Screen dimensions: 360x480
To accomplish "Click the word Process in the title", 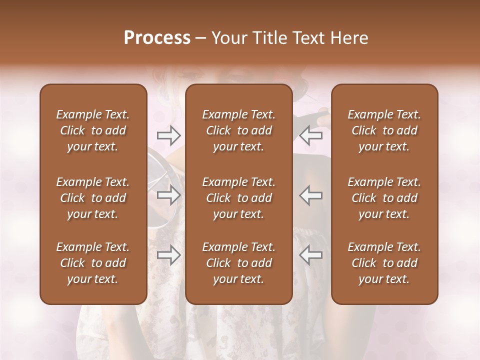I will click(x=157, y=38).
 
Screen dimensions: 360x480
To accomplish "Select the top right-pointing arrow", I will click(x=168, y=135).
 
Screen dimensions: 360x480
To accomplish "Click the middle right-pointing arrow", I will click(x=168, y=195).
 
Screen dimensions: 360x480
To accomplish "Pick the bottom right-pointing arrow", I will click(x=168, y=255).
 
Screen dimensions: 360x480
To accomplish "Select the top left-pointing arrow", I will click(x=310, y=135).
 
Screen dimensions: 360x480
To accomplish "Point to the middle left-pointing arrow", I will click(x=310, y=195).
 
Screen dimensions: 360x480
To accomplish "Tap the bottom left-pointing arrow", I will click(x=310, y=255).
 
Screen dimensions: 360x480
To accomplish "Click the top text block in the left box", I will click(x=93, y=130).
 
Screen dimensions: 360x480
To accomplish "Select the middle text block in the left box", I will click(x=93, y=198).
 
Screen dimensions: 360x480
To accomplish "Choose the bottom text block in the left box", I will click(x=93, y=263).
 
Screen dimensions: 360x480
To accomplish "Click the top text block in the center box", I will click(x=239, y=130).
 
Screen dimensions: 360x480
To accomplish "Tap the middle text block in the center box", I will click(x=239, y=198).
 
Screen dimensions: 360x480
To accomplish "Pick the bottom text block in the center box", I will click(x=239, y=263).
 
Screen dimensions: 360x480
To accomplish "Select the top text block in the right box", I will click(x=384, y=130).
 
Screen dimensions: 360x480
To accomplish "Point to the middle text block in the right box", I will click(x=384, y=198).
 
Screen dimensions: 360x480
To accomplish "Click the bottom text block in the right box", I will click(x=384, y=263).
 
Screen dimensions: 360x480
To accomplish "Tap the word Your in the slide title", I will click(x=227, y=38).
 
